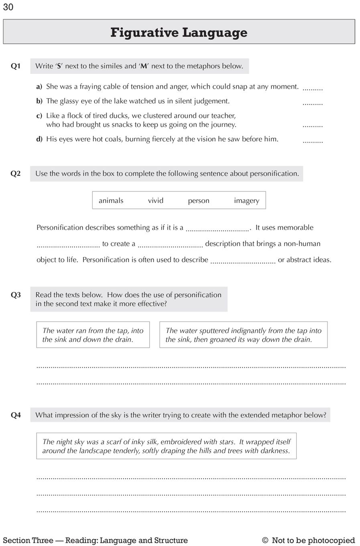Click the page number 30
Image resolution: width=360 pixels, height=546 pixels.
coord(8,7)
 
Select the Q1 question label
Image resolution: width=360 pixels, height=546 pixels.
coord(16,66)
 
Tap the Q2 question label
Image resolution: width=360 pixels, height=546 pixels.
coord(16,174)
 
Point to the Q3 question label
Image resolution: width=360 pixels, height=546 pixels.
coord(16,295)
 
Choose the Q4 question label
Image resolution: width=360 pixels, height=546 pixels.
coord(16,415)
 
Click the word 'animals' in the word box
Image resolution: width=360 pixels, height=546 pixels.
coord(111,201)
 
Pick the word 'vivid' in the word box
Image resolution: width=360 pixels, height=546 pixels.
coord(155,201)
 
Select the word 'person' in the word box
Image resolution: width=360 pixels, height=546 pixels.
coord(198,201)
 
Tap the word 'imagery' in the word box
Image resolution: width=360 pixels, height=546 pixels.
coord(246,201)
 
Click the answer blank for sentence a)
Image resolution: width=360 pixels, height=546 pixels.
coord(313,88)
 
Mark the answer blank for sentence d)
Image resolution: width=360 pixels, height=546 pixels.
coord(313,141)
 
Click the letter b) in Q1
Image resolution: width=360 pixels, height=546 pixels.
coord(39,101)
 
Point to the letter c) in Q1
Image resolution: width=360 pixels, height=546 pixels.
coord(39,116)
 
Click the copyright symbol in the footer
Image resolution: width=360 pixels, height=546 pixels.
coord(265,540)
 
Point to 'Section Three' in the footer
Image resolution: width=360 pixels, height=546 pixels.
coord(28,540)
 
